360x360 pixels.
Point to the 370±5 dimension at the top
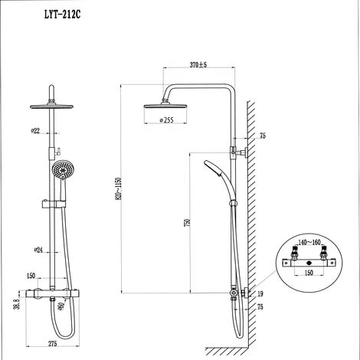[198, 65]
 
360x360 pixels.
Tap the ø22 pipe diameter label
[36, 131]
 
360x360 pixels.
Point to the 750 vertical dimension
[188, 223]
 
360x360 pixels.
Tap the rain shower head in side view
[170, 106]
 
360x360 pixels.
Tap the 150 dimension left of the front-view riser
[31, 276]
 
